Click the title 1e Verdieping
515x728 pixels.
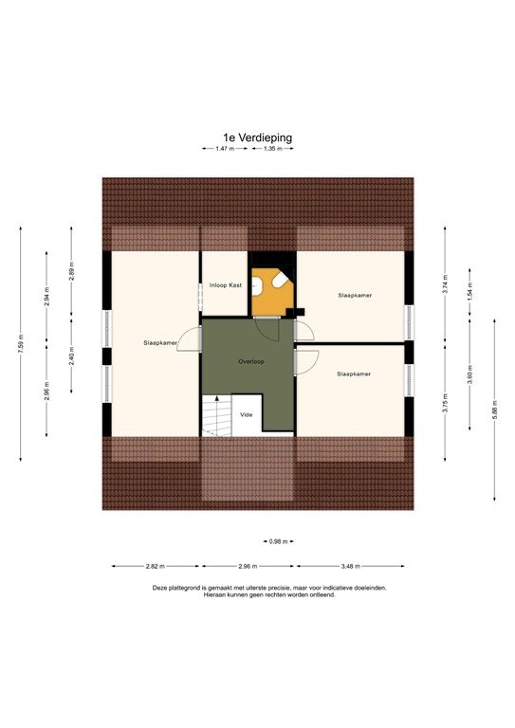tap(257, 136)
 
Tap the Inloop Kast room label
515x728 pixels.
tap(224, 284)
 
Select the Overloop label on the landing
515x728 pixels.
tap(249, 361)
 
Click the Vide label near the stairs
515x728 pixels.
tap(246, 414)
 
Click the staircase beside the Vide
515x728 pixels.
tap(217, 416)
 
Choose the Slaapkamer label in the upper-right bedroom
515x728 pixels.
tap(354, 296)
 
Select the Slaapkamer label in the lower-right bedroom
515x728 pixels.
tap(353, 374)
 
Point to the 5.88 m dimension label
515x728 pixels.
tap(494, 410)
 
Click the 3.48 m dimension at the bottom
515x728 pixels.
tap(353, 566)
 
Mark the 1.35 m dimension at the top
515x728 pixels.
tap(273, 149)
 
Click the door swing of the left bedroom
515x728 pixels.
tap(193, 339)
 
